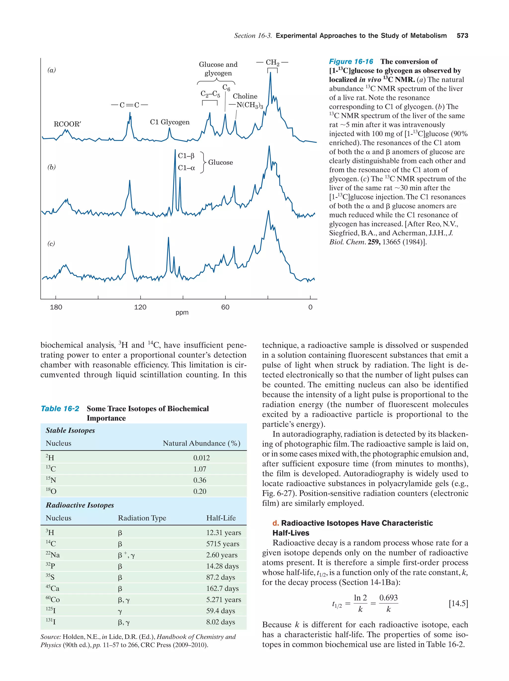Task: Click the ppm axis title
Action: [182, 313]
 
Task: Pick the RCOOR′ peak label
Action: [67, 124]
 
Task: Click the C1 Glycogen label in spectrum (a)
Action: [170, 122]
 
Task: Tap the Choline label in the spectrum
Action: [245, 96]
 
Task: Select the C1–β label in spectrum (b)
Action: [186, 156]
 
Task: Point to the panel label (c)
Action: [51, 243]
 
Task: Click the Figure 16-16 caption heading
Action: [351, 62]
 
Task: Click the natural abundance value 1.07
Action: [200, 469]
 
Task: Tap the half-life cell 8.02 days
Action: [220, 622]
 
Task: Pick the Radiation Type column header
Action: [142, 518]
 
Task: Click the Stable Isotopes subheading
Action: [70, 430]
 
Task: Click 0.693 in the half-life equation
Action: [388, 598]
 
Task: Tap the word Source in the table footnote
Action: [50, 637]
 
